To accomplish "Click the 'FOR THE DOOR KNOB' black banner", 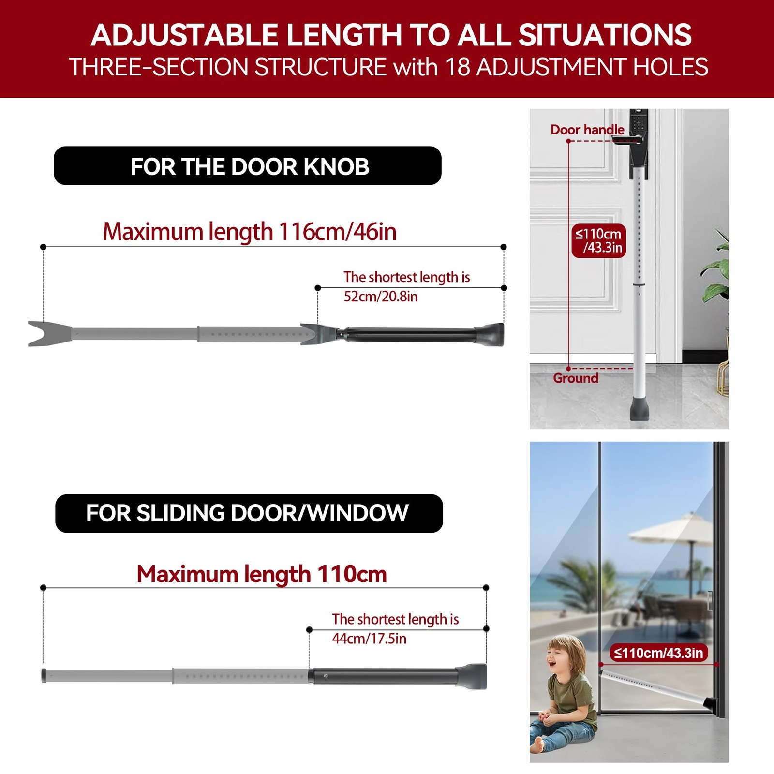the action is pos(247,165).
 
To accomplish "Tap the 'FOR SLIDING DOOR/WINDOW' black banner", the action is pos(249,513).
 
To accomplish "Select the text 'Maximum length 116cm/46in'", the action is pos(250,232).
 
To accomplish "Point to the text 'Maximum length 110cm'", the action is pos(262,574).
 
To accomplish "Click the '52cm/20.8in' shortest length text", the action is pos(381,296).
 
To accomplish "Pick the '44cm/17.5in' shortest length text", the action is pos(369,639).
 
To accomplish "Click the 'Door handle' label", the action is pos(587,130).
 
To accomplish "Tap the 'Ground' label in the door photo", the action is pos(576,378).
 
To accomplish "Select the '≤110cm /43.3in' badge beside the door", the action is pos(598,241).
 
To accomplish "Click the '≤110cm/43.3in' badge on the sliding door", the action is pos(658,653).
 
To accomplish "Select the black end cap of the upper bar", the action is pos(491,335).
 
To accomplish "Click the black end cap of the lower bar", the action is pos(472,676).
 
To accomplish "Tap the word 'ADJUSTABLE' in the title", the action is pos(184,35).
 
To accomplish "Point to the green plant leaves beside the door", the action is pos(715,271).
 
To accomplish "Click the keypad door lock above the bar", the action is pos(638,136).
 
